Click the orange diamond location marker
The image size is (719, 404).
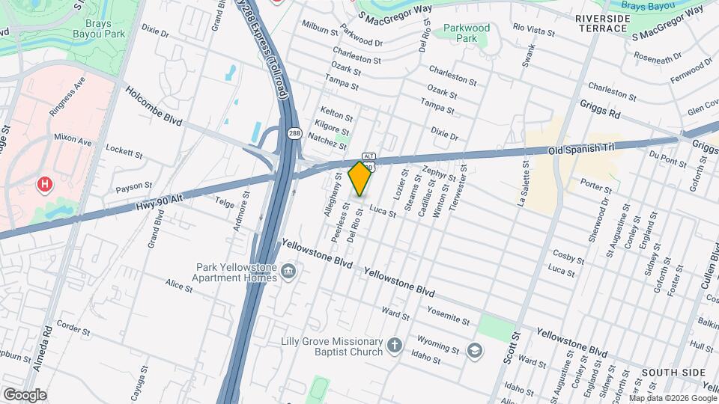[x=360, y=178]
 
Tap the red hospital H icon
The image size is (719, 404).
[x=45, y=183]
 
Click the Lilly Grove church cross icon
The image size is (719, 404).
[x=395, y=346]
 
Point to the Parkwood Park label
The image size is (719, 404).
[x=466, y=33]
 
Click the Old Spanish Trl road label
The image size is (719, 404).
[x=580, y=149]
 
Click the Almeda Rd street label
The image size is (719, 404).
[x=42, y=349]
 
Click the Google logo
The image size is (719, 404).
[x=24, y=394]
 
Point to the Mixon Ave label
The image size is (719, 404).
[x=72, y=139]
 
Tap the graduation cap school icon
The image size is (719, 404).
[x=474, y=349]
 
